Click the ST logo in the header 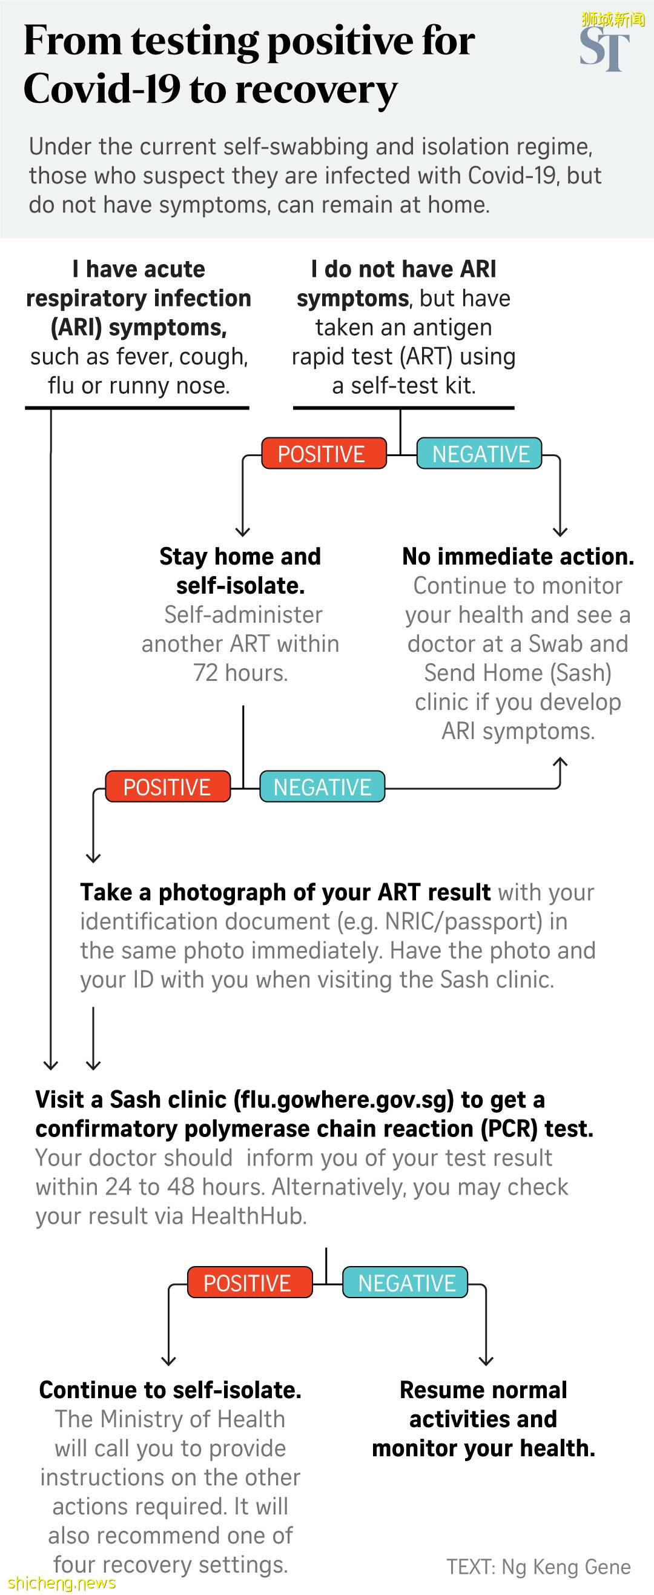604,49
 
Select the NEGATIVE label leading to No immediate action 480,454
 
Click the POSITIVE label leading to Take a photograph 167,787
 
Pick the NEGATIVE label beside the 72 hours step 322,787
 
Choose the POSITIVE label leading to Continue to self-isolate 248,1283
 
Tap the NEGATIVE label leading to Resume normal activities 406,1283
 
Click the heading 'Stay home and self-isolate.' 240,570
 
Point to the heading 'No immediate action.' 518,556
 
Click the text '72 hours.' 240,672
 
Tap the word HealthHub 249,1215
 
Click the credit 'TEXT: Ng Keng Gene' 538,1567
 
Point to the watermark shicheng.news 62,1583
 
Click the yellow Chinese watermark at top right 613,19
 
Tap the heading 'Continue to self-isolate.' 170,1390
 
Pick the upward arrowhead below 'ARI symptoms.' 560,761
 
